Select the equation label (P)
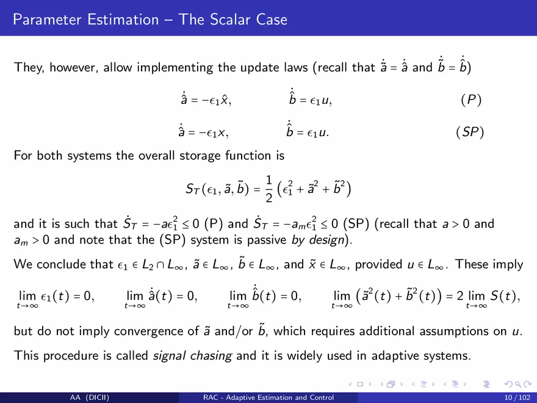tap(471, 100)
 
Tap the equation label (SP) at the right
tap(470, 132)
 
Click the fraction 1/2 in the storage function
tap(269, 189)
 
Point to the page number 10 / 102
tap(517, 398)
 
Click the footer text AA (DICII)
tap(89, 398)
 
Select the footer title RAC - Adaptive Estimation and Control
tap(268, 398)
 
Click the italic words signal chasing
tap(192, 355)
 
